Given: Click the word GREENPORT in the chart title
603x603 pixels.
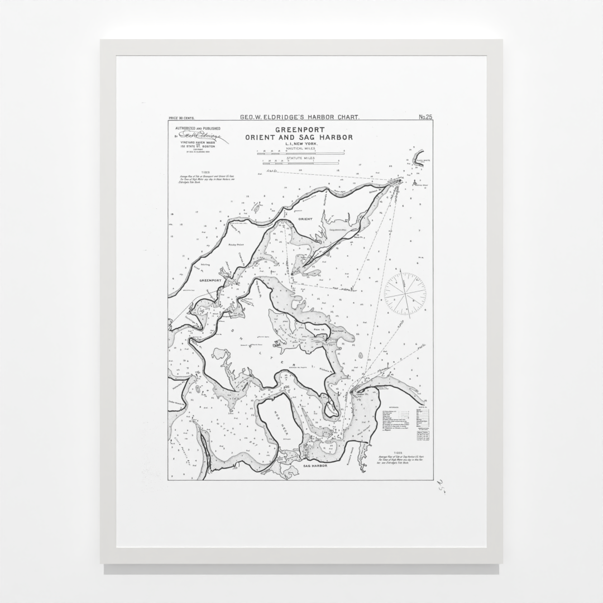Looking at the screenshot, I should tap(300, 130).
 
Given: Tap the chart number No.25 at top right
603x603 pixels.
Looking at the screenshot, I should tap(425, 117).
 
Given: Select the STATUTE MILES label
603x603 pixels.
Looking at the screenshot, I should tap(300, 158).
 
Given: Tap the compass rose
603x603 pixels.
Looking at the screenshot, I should tap(405, 294).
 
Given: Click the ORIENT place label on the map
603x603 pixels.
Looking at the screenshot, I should tap(305, 219).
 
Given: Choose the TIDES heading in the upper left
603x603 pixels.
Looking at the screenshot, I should tap(189, 173).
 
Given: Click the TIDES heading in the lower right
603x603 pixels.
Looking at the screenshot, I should tap(398, 453).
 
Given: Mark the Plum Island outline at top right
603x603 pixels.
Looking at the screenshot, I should tap(418, 157).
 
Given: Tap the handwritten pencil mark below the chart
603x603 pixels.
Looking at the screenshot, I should tap(442, 483).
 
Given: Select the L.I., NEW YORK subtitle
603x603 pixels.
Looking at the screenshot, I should tap(300, 144).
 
